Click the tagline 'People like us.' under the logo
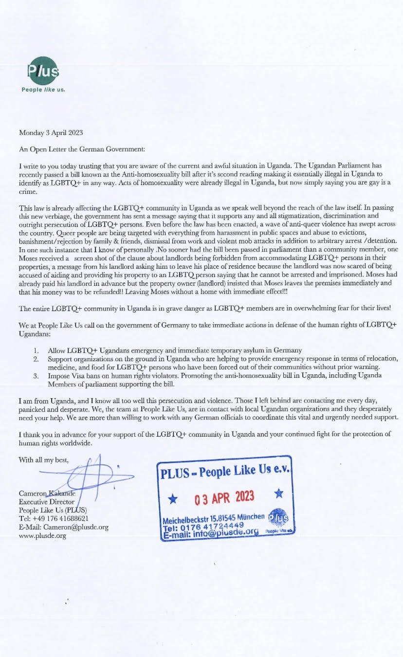pos(43,90)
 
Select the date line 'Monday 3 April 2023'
pos(48,132)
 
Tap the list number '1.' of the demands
pos(37,350)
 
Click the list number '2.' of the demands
pos(37,359)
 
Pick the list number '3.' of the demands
pos(37,376)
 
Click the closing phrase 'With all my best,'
pos(44,459)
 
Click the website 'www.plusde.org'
pos(42,536)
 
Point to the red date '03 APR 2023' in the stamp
pos(224,497)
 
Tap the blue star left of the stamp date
pos(172,498)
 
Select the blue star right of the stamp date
pos(278,494)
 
